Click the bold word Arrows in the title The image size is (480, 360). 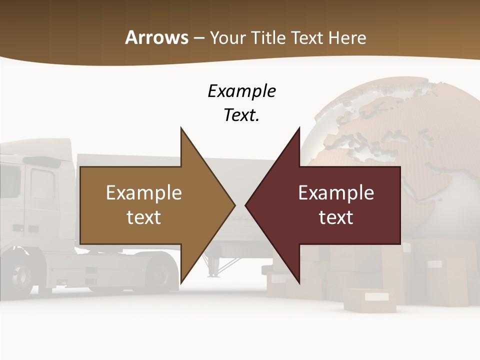click(x=157, y=37)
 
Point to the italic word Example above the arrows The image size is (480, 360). click(x=241, y=91)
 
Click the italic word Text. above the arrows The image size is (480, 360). click(x=241, y=115)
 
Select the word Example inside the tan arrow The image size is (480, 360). click(x=144, y=192)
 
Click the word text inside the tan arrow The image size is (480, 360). click(x=144, y=217)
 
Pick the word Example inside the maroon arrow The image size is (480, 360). click(x=336, y=192)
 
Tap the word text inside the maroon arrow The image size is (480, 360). click(x=336, y=217)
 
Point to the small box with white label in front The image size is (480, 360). click(x=370, y=300)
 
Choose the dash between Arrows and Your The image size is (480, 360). click(x=199, y=38)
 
